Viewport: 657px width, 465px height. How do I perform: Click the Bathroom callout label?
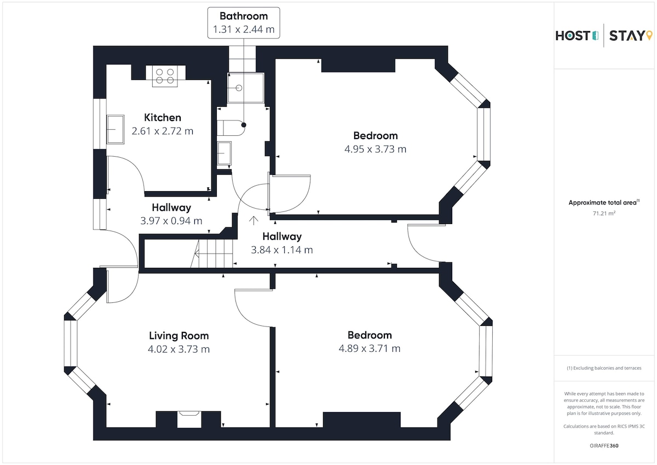pyautogui.click(x=244, y=22)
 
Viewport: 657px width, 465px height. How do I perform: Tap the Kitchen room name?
pyautogui.click(x=163, y=118)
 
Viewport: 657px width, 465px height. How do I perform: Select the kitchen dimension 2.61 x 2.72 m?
pyautogui.click(x=163, y=131)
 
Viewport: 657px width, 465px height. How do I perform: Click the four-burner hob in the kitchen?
pyautogui.click(x=165, y=76)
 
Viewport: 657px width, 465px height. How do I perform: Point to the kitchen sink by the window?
pyautogui.click(x=115, y=129)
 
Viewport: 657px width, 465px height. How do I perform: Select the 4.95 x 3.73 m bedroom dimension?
pyautogui.click(x=376, y=149)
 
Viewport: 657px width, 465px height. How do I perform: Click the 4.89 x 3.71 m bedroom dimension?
pyautogui.click(x=370, y=349)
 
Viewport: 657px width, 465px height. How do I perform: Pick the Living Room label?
pyautogui.click(x=179, y=336)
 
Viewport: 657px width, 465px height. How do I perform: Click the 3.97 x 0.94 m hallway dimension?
pyautogui.click(x=171, y=221)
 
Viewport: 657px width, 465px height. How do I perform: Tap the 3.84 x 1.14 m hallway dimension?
pyautogui.click(x=282, y=250)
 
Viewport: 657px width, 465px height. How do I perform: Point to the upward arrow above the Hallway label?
pyautogui.click(x=254, y=221)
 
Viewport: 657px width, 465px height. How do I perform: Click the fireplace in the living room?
pyautogui.click(x=190, y=420)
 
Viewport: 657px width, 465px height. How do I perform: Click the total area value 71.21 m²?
pyautogui.click(x=604, y=214)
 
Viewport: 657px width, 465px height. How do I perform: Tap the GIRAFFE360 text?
pyautogui.click(x=604, y=446)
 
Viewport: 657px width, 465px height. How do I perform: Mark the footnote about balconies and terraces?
pyautogui.click(x=604, y=368)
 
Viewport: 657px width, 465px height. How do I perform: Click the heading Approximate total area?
pyautogui.click(x=603, y=203)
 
